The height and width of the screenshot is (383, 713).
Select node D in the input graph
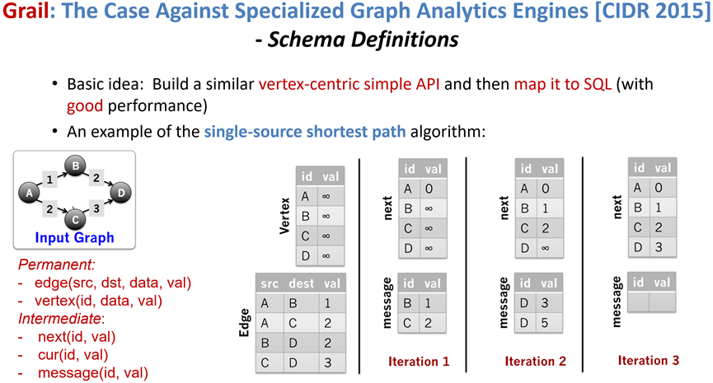tap(121, 194)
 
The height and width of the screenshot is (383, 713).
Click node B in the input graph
tap(76, 167)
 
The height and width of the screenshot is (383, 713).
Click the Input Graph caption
tap(74, 239)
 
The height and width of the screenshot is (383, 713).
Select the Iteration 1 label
tap(419, 361)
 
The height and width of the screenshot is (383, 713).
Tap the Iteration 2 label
tap(535, 361)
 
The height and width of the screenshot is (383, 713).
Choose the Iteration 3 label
tap(649, 360)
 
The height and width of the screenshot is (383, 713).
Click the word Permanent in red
tap(56, 265)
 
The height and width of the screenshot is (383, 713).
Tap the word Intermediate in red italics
tap(59, 319)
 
